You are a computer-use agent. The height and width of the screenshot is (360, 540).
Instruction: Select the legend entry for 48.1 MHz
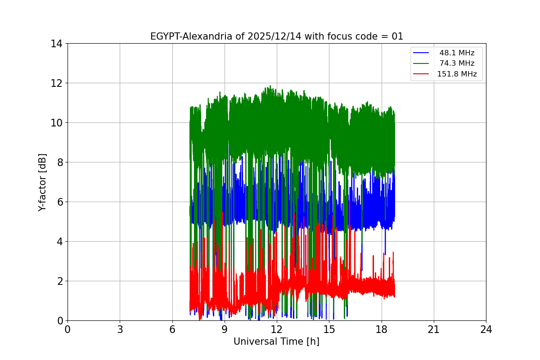pyautogui.click(x=457, y=53)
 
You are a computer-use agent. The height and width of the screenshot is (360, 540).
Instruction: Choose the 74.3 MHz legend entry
pyautogui.click(x=457, y=63)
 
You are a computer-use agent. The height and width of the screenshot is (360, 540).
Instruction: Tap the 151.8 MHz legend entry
pyautogui.click(x=457, y=74)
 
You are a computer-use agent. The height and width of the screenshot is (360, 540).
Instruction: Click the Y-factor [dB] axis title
pyautogui.click(x=42, y=182)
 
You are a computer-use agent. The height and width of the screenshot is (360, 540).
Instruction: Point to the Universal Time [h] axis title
pyautogui.click(x=276, y=342)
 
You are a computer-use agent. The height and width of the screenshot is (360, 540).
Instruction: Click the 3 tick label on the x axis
pyautogui.click(x=120, y=329)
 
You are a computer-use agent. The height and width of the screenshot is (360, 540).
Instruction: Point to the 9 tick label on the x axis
pyautogui.click(x=225, y=329)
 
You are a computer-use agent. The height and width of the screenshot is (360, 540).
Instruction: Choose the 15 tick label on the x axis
pyautogui.click(x=329, y=329)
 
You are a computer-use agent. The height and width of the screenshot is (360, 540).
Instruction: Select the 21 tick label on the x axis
pyautogui.click(x=434, y=329)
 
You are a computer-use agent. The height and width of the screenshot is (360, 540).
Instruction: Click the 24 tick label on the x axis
pyautogui.click(x=486, y=329)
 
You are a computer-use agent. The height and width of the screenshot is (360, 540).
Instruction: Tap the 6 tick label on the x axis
pyautogui.click(x=172, y=329)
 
